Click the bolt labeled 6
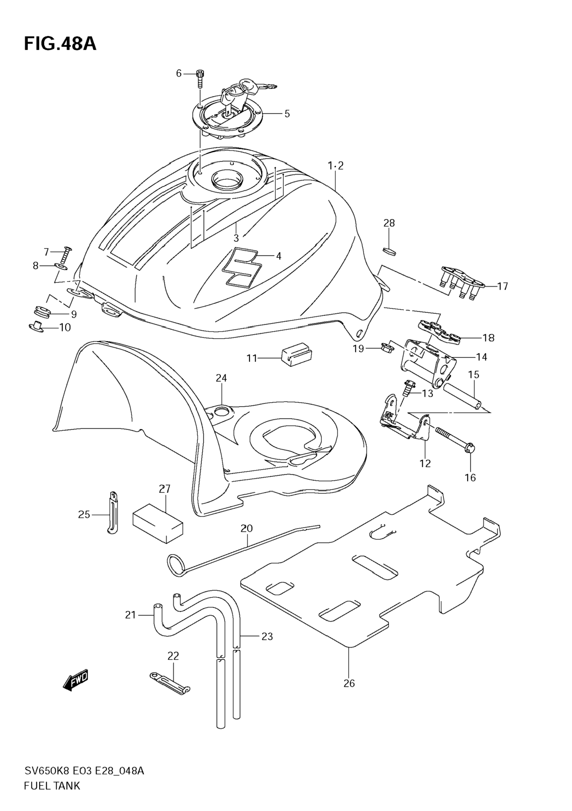(201, 79)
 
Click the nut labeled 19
(386, 347)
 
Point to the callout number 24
(221, 378)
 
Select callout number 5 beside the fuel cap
(287, 114)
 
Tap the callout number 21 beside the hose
(131, 615)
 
